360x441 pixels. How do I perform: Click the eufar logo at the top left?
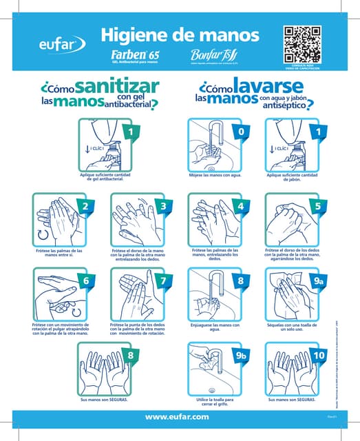[62, 45]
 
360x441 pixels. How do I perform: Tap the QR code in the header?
[302, 43]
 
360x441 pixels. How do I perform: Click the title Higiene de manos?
[180, 34]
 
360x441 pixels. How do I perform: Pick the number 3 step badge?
[163, 206]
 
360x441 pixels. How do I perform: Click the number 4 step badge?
[241, 206]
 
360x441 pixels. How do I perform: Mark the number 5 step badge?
[318, 206]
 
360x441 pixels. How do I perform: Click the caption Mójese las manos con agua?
[215, 176]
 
